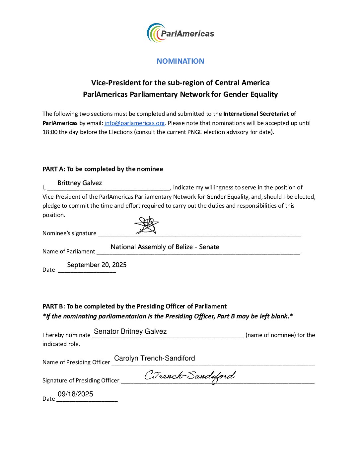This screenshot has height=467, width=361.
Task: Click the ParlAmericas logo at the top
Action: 180,33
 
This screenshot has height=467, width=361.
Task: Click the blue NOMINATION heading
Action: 180,61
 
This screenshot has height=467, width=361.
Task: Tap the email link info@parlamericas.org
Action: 134,123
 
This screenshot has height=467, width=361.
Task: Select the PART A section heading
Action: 103,169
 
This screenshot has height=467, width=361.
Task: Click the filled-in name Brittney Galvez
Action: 80,183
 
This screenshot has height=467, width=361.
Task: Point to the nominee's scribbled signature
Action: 146,225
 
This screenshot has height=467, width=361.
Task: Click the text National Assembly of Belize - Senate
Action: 165,247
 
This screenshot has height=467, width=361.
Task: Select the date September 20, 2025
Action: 97,265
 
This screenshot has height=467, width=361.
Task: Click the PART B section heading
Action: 134,306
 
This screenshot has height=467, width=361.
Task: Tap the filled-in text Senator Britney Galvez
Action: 130,331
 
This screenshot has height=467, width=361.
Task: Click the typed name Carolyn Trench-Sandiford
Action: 154,358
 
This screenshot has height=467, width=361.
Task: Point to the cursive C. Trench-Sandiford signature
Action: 190,376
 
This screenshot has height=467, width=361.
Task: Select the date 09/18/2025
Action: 75,394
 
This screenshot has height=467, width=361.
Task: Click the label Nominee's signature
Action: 69,233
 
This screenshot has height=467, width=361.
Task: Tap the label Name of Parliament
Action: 69,252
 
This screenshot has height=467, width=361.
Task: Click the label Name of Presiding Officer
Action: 76,362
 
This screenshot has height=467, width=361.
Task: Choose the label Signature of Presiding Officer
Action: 81,380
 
